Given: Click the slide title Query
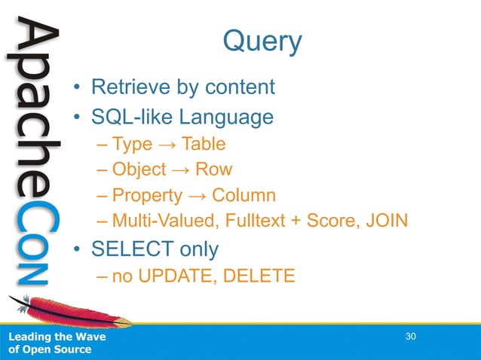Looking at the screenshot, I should (x=262, y=41).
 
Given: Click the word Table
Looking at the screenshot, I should (x=203, y=144).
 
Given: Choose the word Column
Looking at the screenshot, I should (x=243, y=196).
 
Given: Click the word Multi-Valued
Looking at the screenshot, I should (x=159, y=221).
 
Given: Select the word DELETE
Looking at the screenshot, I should (x=256, y=276).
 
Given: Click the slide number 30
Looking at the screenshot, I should (x=411, y=336).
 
